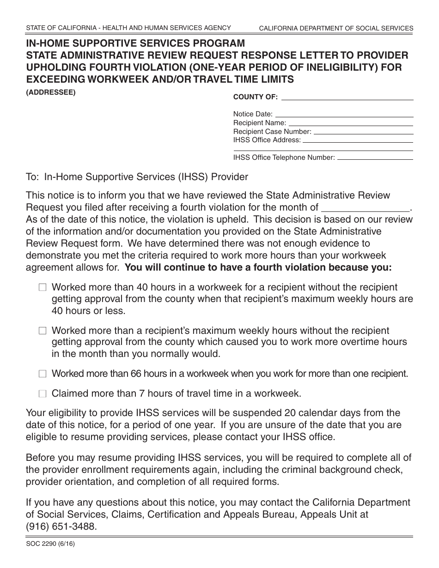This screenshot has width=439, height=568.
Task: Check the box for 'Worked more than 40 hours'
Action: click(x=43, y=288)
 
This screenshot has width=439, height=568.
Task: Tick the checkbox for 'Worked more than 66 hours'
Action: click(x=43, y=374)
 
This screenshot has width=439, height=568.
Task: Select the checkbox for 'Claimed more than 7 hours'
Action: click(x=43, y=394)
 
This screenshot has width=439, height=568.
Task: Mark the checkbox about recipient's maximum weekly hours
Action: click(x=43, y=331)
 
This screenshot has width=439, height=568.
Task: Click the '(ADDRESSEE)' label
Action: click(x=50, y=92)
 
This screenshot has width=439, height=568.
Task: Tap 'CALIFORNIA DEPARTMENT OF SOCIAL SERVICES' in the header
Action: click(x=336, y=29)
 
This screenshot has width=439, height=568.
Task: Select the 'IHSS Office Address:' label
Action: click(x=267, y=140)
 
